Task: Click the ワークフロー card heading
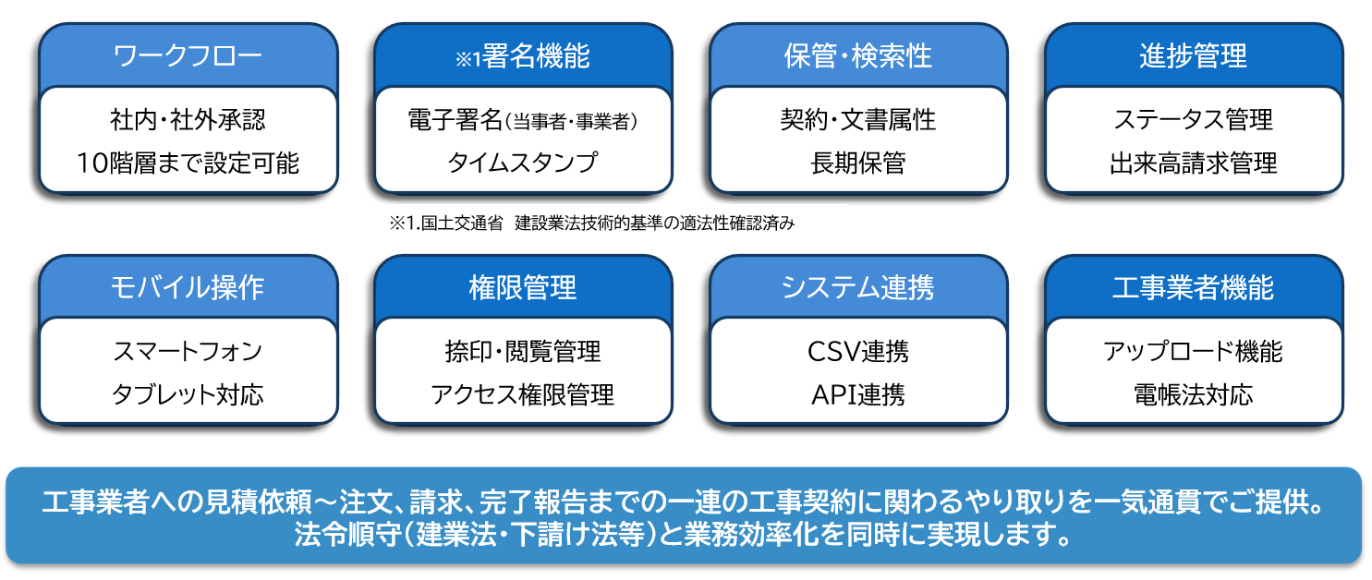[188, 55]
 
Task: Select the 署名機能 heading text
[536, 55]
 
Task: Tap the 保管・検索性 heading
[858, 55]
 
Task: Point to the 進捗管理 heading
[1193, 55]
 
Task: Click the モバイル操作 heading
[188, 287]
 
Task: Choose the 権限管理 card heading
[522, 287]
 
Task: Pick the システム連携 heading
[857, 287]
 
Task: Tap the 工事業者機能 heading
[1193, 287]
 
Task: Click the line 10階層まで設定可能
[188, 163]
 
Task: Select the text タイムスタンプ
[522, 163]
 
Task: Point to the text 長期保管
[857, 163]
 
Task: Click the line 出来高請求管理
[1193, 163]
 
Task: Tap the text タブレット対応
[188, 395]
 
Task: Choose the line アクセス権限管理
[522, 395]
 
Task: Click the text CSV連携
[857, 352]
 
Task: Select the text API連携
[857, 395]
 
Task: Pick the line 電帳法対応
[1193, 395]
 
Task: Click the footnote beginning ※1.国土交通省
[591, 223]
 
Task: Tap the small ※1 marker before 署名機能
[468, 59]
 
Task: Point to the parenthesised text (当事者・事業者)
[571, 122]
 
